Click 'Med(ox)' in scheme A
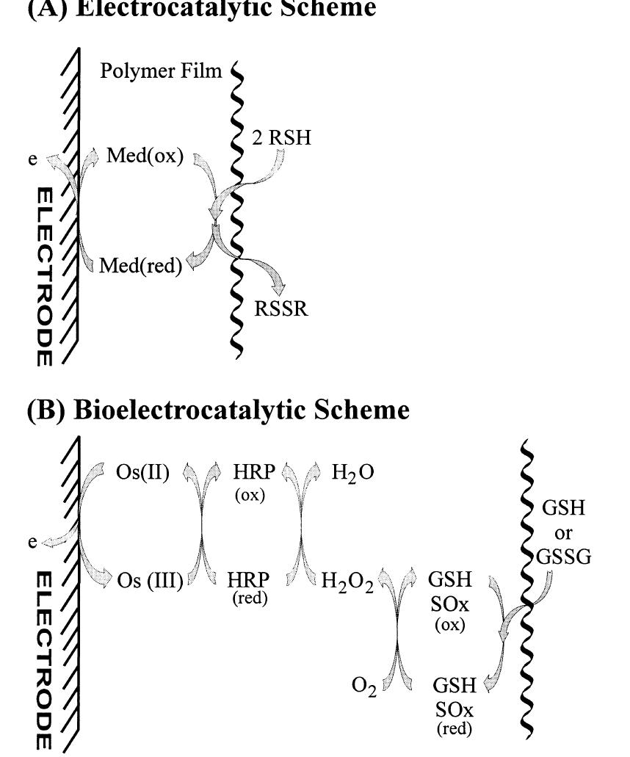140,158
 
